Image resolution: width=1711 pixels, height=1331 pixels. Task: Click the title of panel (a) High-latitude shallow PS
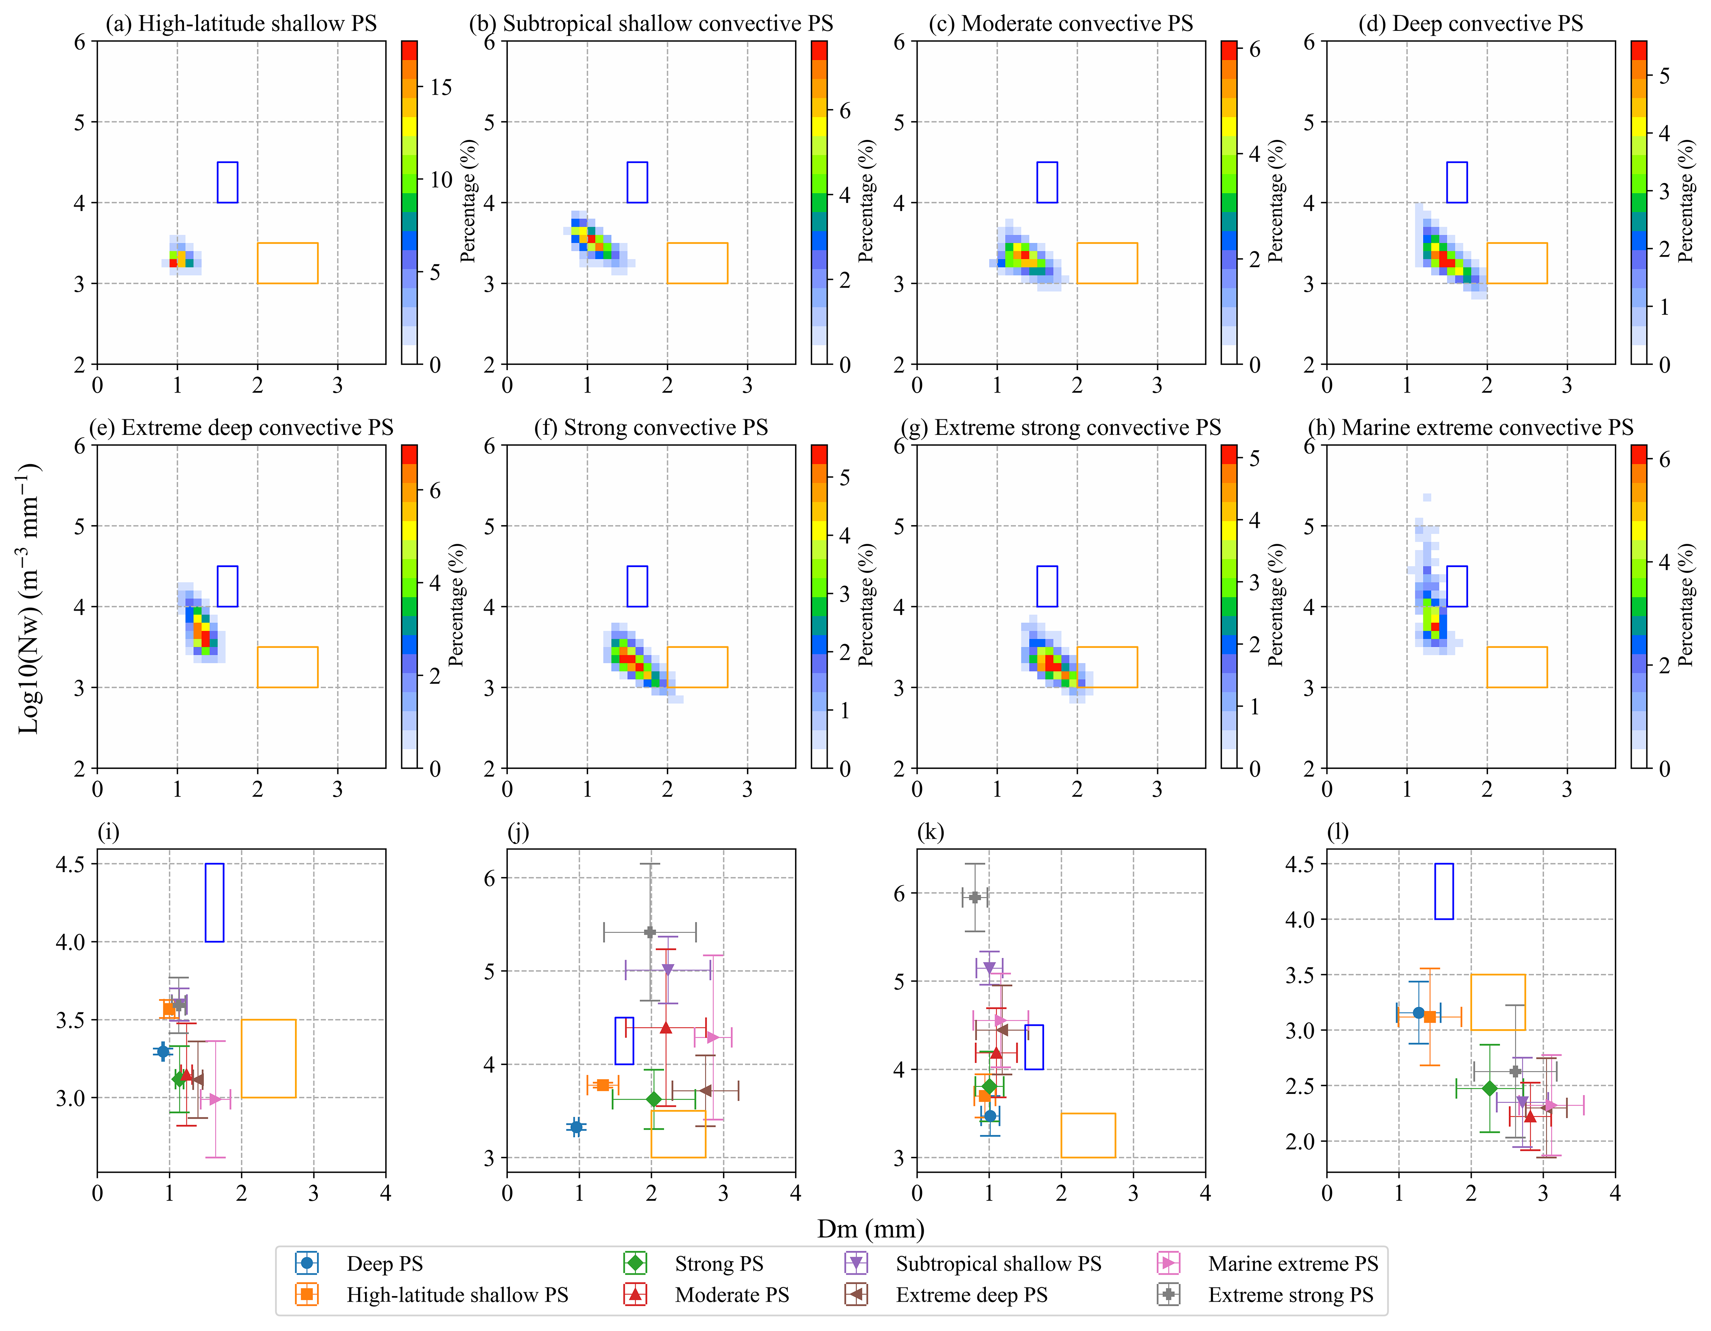coord(241,24)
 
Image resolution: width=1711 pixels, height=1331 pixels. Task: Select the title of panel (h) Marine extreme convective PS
coord(1471,428)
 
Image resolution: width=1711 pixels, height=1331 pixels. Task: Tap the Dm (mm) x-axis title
coord(870,1228)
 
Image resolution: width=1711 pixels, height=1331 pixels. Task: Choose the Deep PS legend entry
coord(384,1263)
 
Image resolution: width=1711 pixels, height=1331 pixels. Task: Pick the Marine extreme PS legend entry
coord(1293,1263)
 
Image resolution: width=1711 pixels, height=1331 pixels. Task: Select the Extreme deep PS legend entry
coord(971,1295)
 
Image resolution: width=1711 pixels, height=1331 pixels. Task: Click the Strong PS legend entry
coord(719,1263)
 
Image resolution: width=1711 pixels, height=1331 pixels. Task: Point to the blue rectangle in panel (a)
coord(227,183)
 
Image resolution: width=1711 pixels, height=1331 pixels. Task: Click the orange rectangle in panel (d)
coord(1517,263)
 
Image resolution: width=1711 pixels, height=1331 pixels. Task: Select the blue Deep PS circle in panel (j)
coord(577,1127)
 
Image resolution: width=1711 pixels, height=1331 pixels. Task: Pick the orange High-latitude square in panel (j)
coord(603,1085)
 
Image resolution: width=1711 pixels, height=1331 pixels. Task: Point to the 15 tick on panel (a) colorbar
coord(441,87)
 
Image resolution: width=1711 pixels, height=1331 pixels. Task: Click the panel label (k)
coord(930,832)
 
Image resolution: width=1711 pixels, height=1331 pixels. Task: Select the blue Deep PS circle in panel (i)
coord(163,1051)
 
